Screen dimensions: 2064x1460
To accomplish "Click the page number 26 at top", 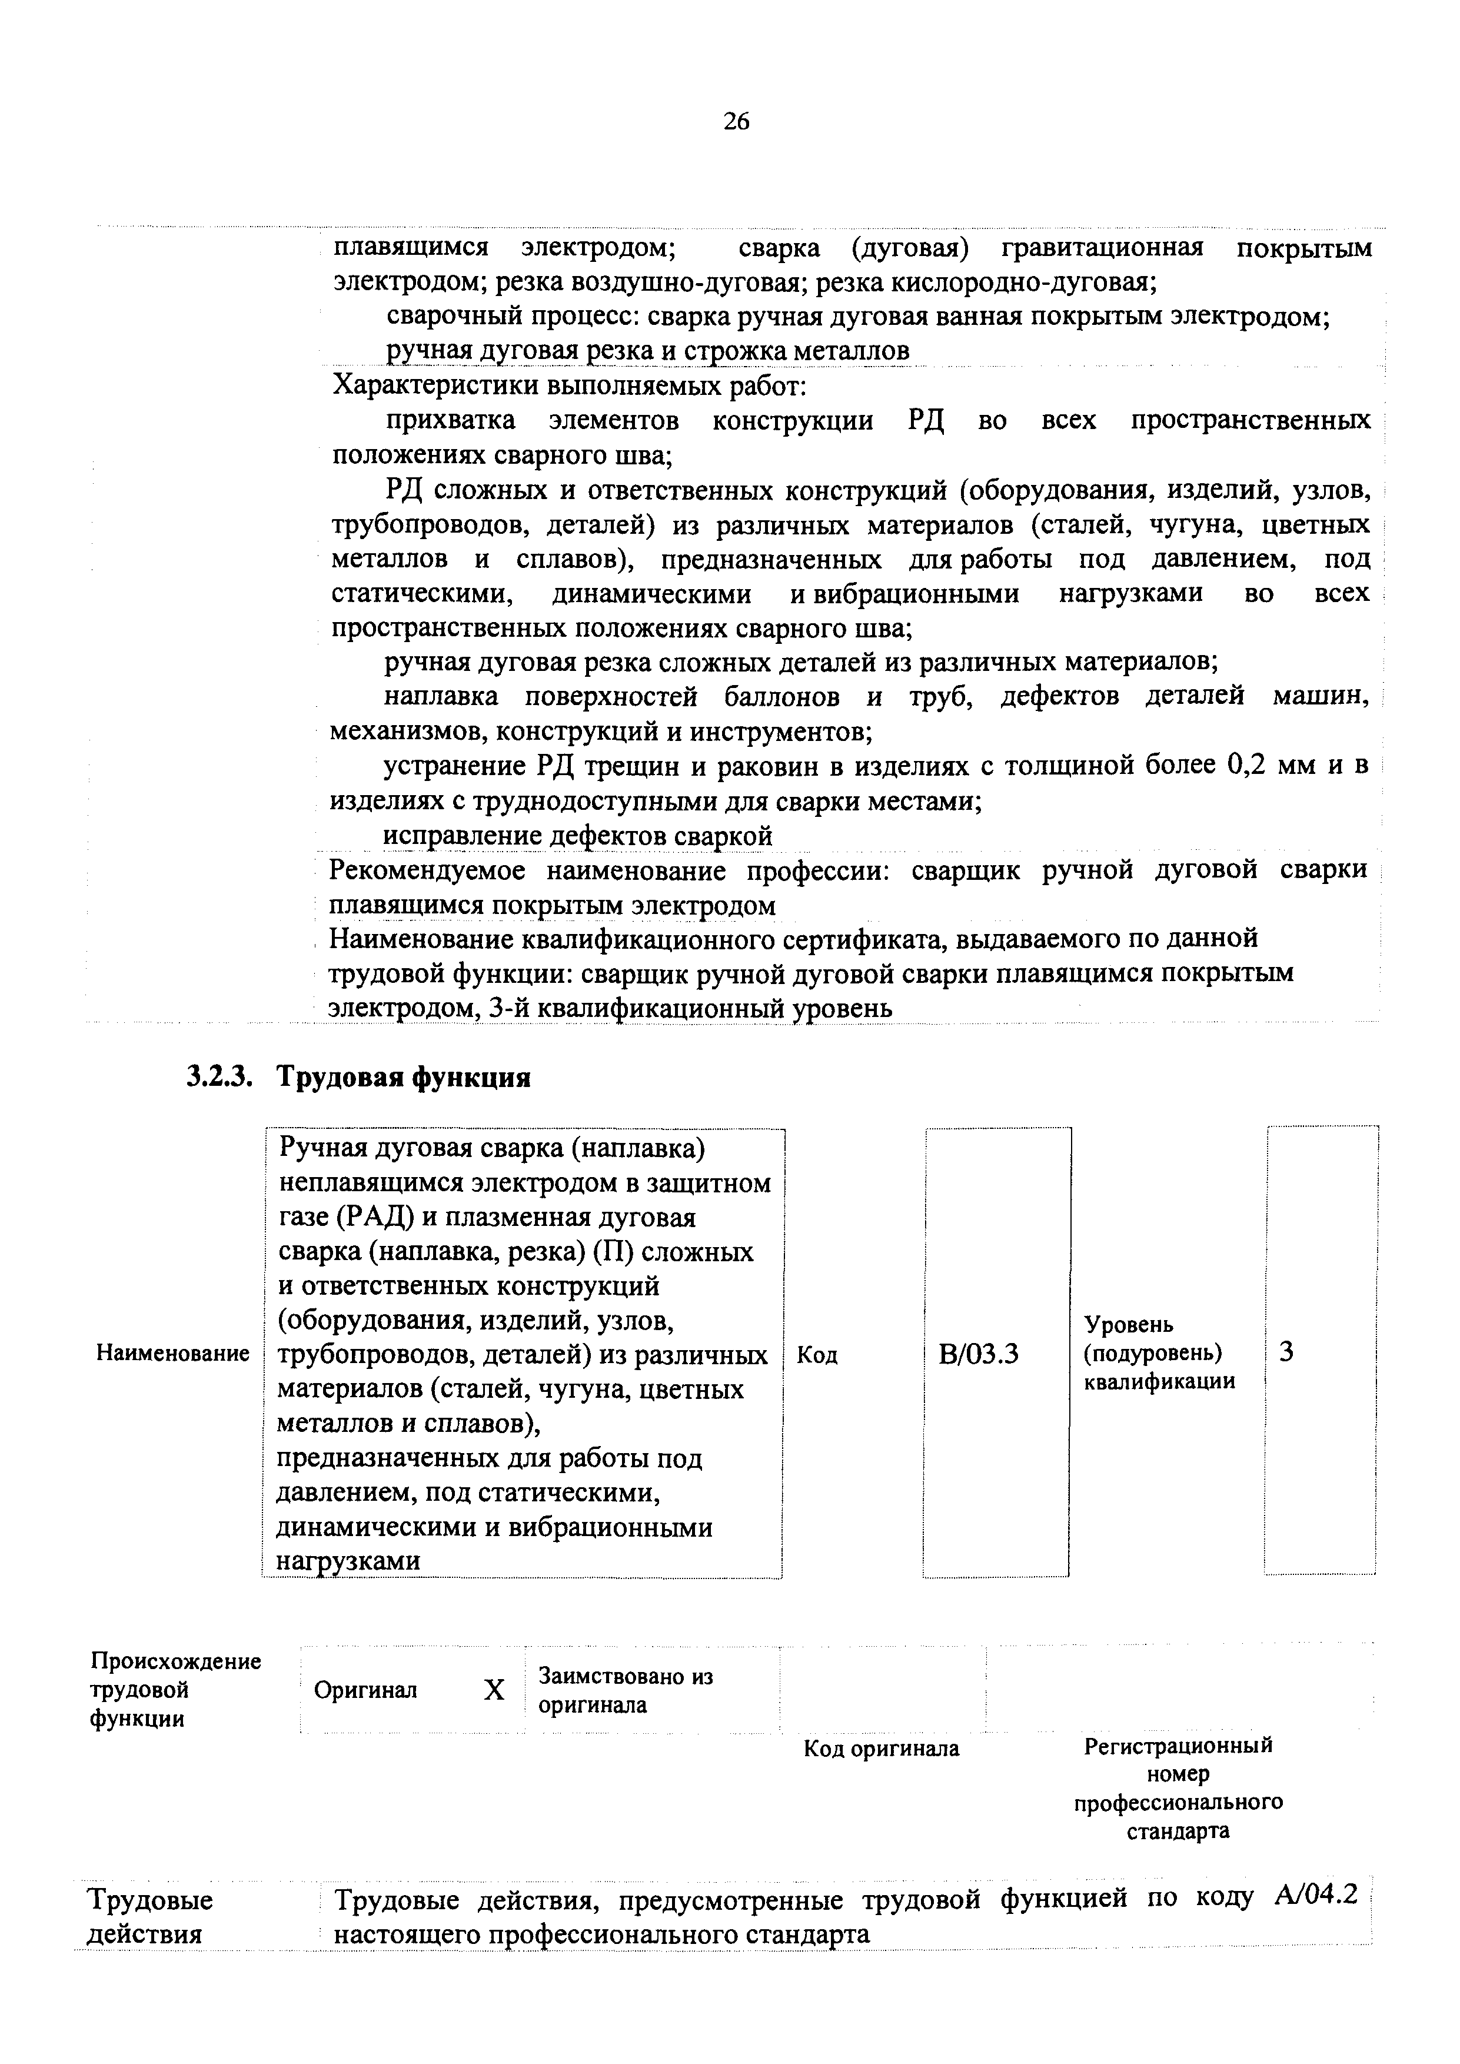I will click(x=736, y=121).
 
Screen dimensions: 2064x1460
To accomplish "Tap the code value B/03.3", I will click(x=978, y=1354).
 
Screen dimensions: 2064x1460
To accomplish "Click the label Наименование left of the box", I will click(x=172, y=1353).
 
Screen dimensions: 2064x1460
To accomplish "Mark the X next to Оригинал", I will click(x=494, y=1691).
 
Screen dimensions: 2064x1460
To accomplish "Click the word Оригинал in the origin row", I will click(x=366, y=1690).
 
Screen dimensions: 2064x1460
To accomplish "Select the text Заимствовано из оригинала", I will click(x=625, y=1690).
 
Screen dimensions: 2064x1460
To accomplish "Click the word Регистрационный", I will click(x=1178, y=1745).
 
